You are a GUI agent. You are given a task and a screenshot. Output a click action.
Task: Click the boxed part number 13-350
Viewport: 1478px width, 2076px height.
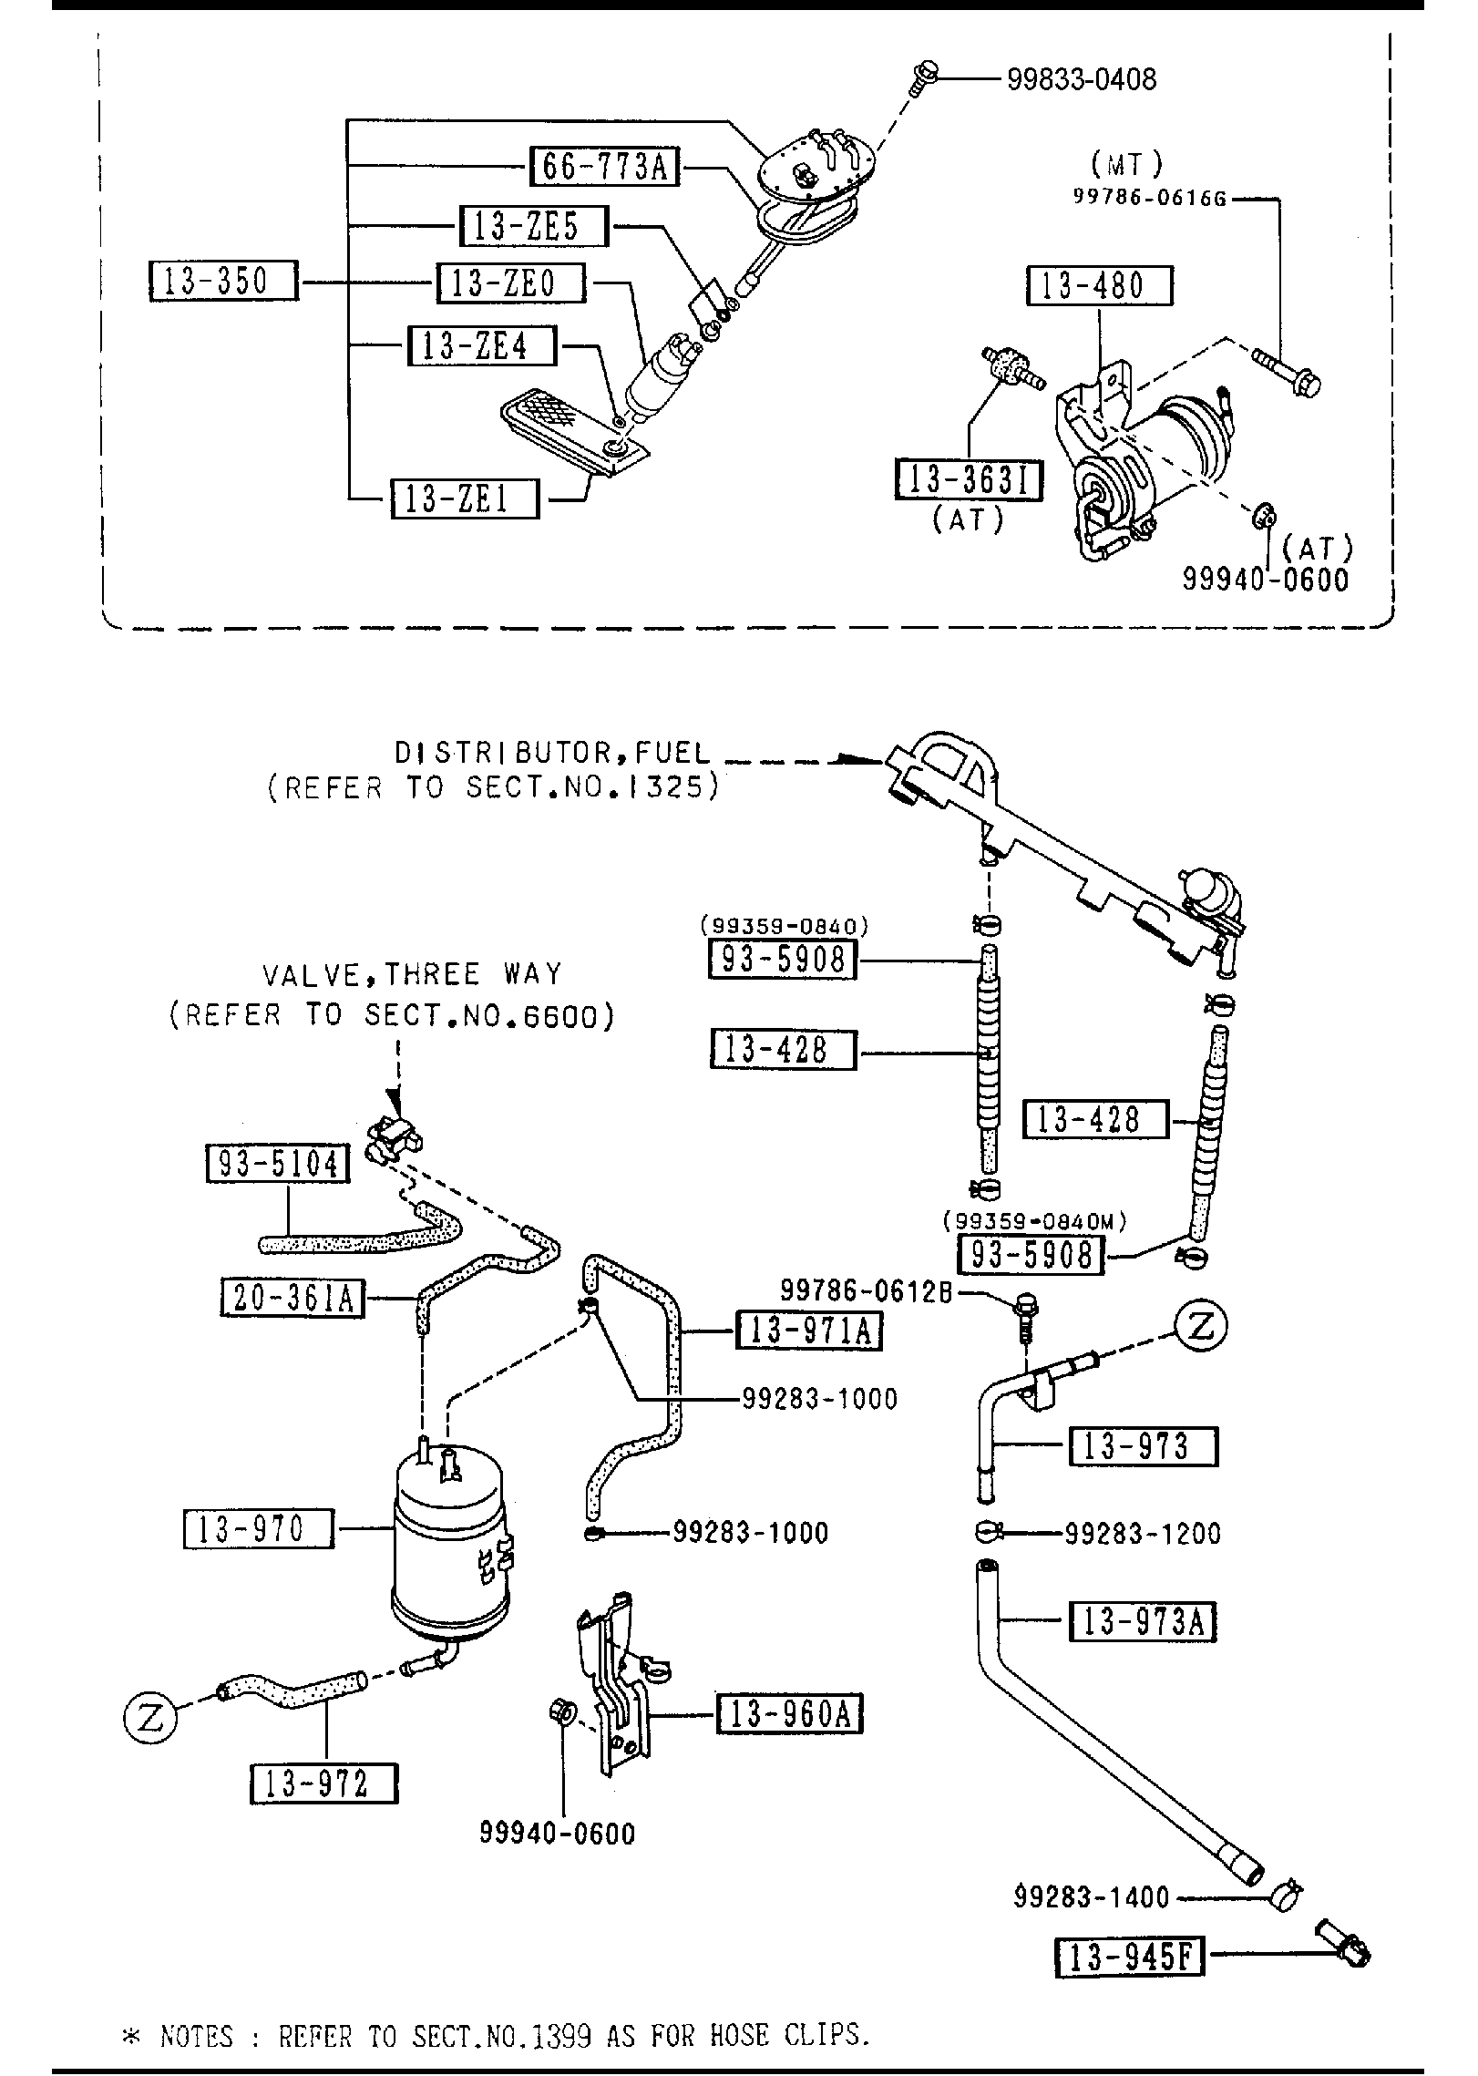pos(223,281)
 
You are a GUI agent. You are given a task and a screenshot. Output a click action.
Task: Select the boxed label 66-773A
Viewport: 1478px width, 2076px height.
pos(605,167)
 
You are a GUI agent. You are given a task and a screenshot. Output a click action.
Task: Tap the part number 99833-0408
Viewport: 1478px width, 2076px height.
pos(1082,79)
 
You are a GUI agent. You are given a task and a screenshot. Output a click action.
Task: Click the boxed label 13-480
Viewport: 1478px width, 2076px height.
pos(1100,285)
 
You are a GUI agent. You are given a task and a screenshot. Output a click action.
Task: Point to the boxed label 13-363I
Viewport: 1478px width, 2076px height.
pos(970,480)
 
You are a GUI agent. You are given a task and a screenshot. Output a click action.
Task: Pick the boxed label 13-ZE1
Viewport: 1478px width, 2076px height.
pos(465,498)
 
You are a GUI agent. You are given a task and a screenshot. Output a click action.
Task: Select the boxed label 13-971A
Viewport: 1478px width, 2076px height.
pos(808,1331)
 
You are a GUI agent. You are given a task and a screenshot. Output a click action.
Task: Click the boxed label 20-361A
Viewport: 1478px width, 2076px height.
pos(293,1298)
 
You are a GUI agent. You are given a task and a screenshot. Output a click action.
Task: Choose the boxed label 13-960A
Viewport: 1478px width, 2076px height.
pos(790,1713)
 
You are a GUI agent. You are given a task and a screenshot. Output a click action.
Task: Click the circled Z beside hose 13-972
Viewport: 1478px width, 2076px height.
pos(149,1718)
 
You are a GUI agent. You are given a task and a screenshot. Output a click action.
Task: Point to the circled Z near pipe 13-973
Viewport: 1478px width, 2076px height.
pos(1200,1326)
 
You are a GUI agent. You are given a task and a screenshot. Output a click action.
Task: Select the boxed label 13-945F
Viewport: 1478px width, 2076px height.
pos(1130,1958)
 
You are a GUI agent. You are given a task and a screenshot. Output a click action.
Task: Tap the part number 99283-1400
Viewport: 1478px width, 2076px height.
pos(1091,1897)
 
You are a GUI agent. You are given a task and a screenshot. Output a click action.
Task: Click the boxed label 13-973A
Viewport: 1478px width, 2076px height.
pos(1144,1621)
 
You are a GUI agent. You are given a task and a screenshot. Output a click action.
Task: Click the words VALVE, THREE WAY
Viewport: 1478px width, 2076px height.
pos(413,975)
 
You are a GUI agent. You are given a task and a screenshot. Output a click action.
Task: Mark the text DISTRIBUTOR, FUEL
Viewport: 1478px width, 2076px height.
pos(551,753)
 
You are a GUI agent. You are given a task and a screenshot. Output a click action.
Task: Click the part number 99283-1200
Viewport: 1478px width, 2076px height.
pos(1144,1533)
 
